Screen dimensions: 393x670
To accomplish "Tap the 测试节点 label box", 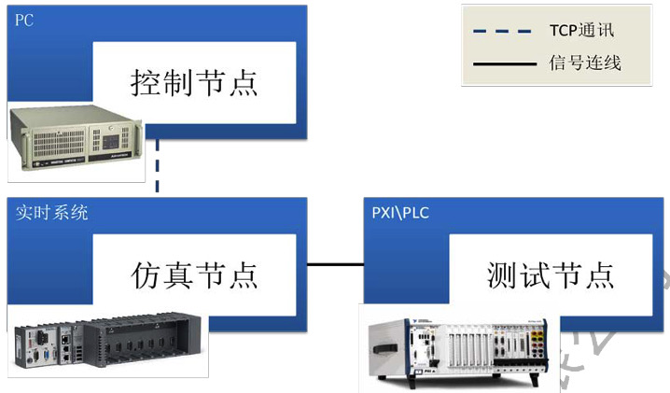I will click(x=551, y=275).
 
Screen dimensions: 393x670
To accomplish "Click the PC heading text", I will click(x=24, y=21).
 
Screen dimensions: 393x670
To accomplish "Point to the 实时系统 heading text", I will click(x=52, y=213).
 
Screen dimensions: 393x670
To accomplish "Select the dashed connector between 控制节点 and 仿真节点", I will click(x=158, y=169).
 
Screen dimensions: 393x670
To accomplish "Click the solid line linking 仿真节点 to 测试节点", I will click(x=335, y=265).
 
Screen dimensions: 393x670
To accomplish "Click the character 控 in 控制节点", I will click(x=145, y=83).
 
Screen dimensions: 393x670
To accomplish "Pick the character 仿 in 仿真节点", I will click(x=145, y=275).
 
